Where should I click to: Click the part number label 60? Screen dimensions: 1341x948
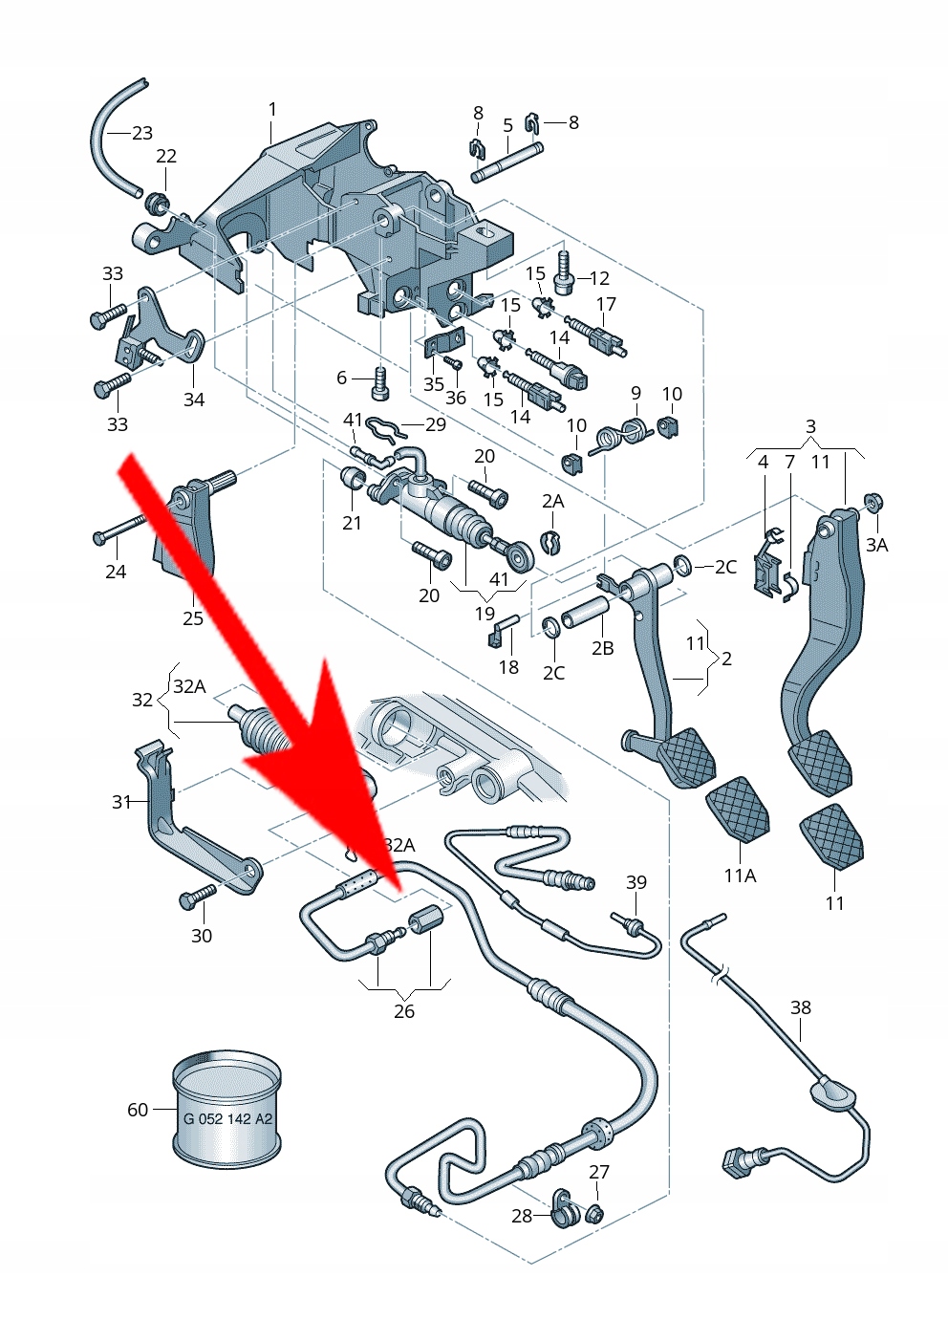click(138, 1110)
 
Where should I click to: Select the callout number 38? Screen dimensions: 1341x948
click(801, 1007)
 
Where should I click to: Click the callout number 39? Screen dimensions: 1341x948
click(636, 882)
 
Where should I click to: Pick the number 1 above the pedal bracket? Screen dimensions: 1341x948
click(272, 110)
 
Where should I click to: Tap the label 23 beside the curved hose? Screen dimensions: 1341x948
click(142, 133)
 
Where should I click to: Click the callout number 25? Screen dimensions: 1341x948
click(193, 618)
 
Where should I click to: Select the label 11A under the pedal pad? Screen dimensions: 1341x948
click(740, 876)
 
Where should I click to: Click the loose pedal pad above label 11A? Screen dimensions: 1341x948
click(738, 809)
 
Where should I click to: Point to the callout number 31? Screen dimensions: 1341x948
click(121, 802)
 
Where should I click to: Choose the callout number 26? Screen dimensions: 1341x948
click(404, 1011)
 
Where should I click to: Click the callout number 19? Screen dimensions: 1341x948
click(485, 614)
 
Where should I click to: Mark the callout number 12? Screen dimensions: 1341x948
click(599, 278)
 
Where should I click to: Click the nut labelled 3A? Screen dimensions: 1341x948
click(872, 503)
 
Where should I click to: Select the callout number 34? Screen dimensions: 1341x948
click(194, 400)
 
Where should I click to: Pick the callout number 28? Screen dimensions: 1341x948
click(522, 1216)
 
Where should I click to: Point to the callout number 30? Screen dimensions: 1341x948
click(202, 936)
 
